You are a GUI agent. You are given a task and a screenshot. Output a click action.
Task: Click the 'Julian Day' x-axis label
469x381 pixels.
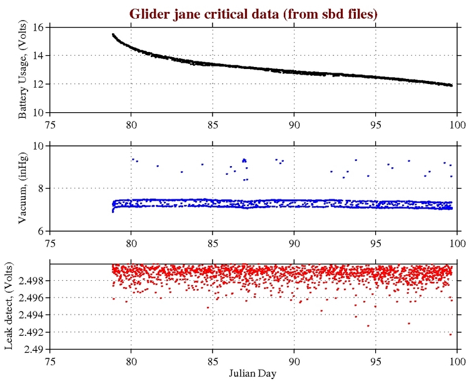pyautogui.click(x=253, y=373)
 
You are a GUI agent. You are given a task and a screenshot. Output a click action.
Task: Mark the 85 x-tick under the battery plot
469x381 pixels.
pyautogui.click(x=213, y=123)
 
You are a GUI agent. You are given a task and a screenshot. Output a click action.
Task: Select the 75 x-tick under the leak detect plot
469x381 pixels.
pyautogui.click(x=51, y=360)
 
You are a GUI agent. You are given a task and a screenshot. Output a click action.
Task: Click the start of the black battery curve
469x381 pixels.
pyautogui.click(x=113, y=34)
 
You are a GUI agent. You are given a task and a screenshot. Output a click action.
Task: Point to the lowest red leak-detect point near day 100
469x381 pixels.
pyautogui.click(x=450, y=334)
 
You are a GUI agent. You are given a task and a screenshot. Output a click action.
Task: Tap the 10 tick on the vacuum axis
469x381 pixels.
pyautogui.click(x=38, y=146)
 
